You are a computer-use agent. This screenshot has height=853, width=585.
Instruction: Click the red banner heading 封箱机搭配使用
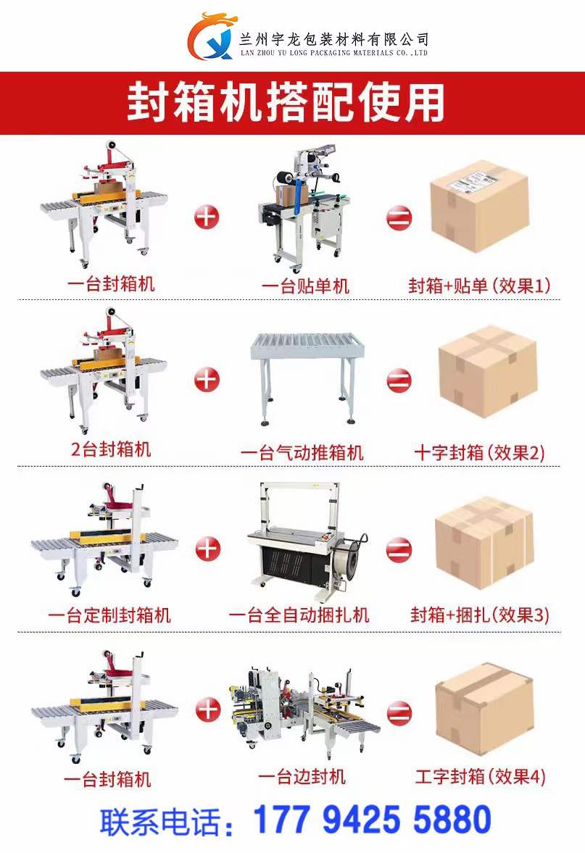tap(285, 102)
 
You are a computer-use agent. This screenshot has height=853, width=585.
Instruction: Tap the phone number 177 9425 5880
tap(372, 819)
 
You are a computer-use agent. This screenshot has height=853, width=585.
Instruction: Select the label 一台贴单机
tap(305, 286)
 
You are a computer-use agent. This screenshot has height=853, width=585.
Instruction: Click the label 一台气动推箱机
tap(302, 452)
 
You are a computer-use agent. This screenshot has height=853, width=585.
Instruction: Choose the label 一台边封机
tap(302, 776)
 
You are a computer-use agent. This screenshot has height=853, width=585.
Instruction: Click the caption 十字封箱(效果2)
tap(479, 452)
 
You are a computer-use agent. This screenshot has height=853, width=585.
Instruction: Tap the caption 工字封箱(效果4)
tap(480, 776)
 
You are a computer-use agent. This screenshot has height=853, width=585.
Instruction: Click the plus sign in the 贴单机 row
tap(207, 217)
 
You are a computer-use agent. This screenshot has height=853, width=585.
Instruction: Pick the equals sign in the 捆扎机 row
tap(399, 549)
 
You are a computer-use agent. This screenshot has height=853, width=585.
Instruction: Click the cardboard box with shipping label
tap(479, 206)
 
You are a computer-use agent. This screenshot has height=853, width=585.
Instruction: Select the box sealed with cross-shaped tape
tap(488, 371)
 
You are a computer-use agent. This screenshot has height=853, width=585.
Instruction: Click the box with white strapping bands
tap(484, 542)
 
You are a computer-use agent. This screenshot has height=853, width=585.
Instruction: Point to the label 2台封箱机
tap(111, 449)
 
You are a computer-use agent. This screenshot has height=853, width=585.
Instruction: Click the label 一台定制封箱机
tap(109, 615)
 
